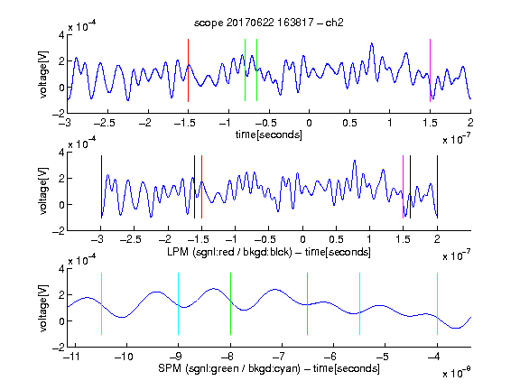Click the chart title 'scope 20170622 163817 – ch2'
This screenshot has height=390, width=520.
[x=268, y=23]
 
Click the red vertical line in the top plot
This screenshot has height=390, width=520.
[x=188, y=70]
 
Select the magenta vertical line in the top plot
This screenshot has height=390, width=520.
[x=430, y=70]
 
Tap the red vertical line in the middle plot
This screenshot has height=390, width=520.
[x=201, y=187]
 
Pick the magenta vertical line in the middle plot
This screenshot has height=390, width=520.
[x=403, y=187]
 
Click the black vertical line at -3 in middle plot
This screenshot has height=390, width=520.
[x=101, y=187]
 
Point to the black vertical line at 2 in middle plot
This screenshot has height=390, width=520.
[x=437, y=187]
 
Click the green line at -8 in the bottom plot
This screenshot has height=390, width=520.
[x=230, y=303]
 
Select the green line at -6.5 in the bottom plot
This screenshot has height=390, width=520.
[x=308, y=303]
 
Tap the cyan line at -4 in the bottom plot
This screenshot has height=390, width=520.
[x=437, y=303]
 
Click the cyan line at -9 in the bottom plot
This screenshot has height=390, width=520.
[x=178, y=303]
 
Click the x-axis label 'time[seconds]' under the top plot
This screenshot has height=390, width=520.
[x=269, y=135]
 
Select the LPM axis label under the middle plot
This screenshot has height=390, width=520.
[x=269, y=252]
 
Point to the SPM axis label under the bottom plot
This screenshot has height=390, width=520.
[x=269, y=368]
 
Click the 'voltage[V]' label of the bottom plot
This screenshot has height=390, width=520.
[x=43, y=308]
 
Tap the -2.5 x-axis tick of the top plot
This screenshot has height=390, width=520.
[x=105, y=123]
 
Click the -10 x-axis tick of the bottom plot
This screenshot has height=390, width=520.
[x=124, y=357]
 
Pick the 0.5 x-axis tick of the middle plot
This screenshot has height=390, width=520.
[x=336, y=239]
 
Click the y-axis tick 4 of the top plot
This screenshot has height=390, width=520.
[x=61, y=35]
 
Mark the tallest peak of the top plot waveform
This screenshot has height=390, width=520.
[x=372, y=43]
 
